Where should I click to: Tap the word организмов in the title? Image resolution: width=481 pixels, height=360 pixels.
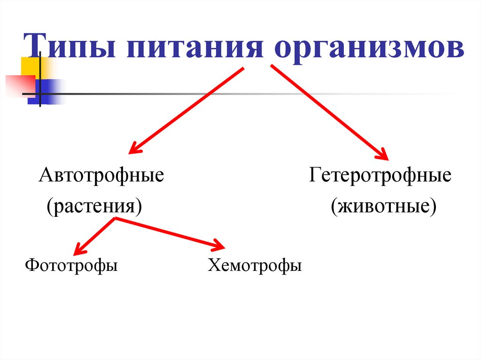pos(366,48)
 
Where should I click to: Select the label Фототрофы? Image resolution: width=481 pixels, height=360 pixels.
pos(71,266)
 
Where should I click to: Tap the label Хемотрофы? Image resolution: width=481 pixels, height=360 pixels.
pos(255,266)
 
